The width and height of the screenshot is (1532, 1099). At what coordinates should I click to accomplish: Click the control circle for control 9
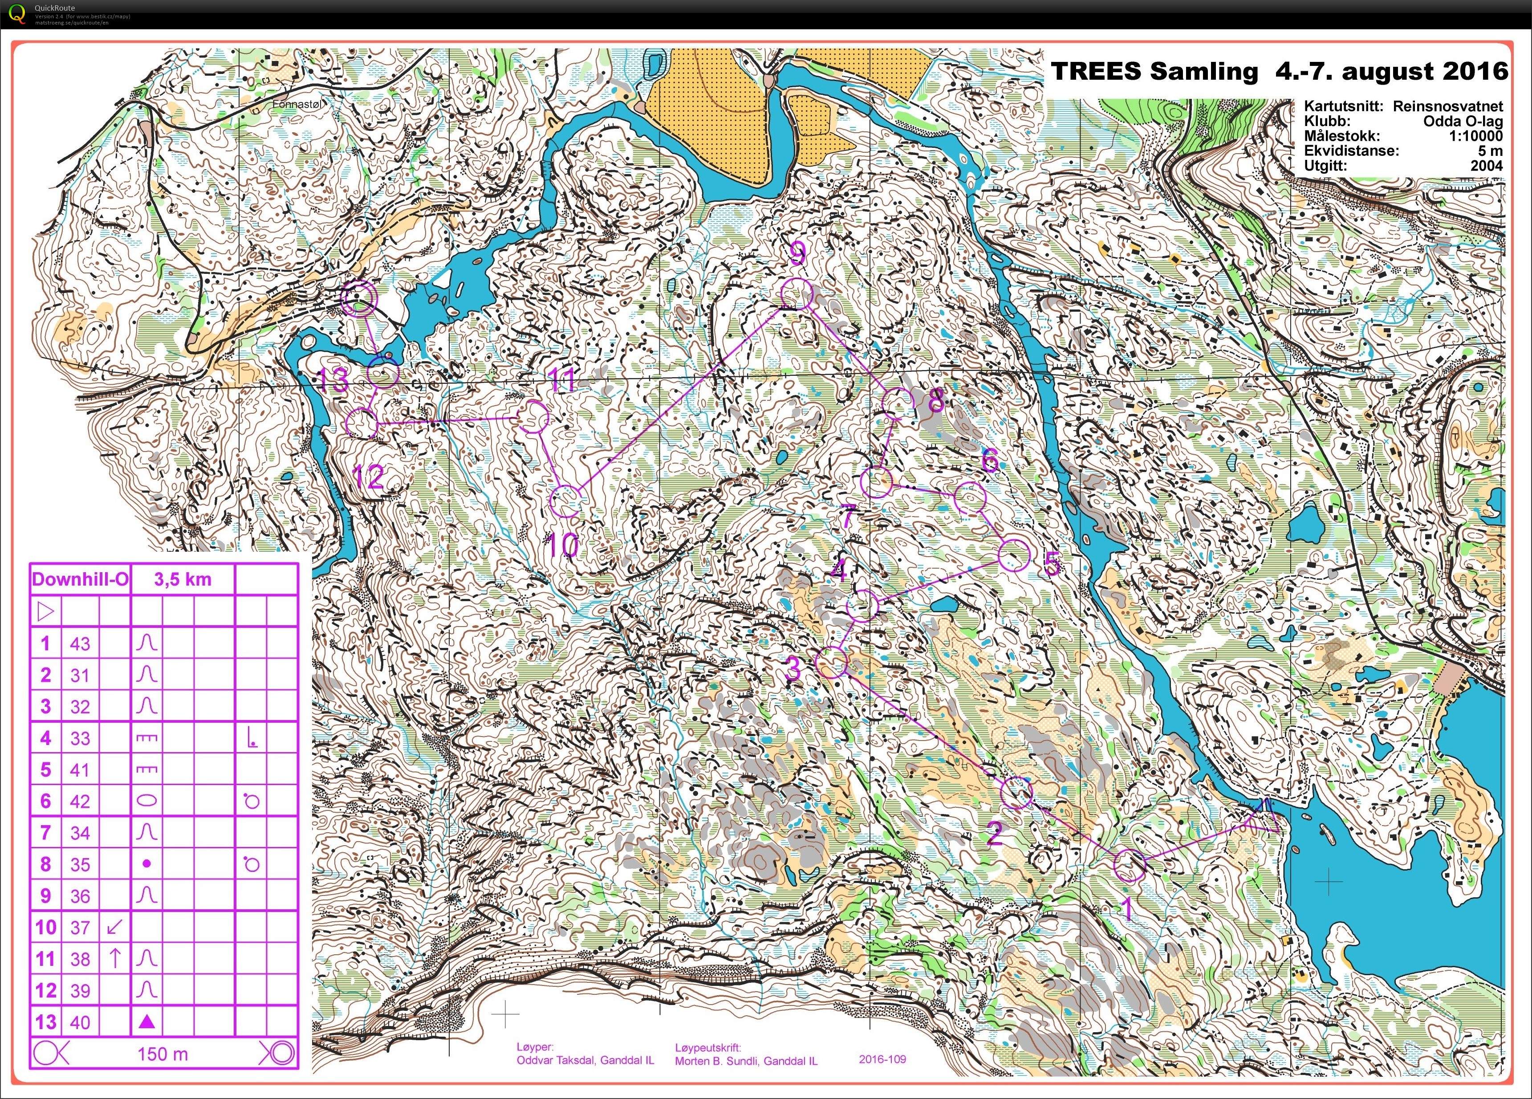click(796, 294)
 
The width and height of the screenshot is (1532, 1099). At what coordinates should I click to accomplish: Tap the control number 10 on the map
click(563, 545)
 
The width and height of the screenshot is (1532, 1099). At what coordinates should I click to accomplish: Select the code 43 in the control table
click(80, 644)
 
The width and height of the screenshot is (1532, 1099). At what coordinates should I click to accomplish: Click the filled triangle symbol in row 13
click(146, 1022)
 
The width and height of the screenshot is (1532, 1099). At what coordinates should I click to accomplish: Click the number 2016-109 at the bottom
click(882, 1059)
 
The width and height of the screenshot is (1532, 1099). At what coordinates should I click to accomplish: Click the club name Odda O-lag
click(1463, 122)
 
